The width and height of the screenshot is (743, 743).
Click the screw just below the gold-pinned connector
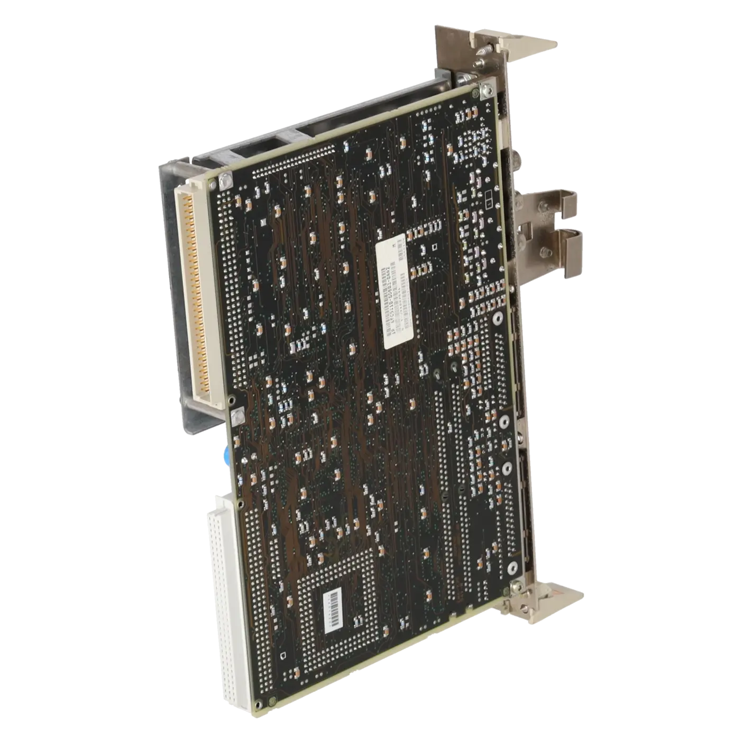236,415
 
